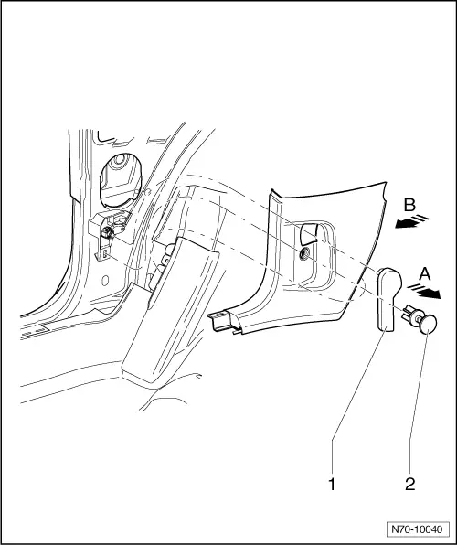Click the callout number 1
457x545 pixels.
coord(332,484)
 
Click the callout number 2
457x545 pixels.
coord(410,484)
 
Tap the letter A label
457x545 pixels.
coord(425,274)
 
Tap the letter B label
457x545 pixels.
coord(409,205)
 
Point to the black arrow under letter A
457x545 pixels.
coord(430,294)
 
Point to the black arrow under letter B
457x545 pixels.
coord(406,224)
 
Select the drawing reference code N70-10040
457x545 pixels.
coord(417,529)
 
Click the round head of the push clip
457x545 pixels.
coord(428,324)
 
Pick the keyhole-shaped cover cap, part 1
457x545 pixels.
coord(388,298)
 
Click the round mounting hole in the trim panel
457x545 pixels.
coord(304,255)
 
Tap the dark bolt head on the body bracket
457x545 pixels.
coord(106,232)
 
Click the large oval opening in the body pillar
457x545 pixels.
coord(121,180)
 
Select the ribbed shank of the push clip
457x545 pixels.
coord(411,313)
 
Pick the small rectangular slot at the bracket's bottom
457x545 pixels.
coord(104,256)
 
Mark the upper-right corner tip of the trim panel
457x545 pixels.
coord(385,181)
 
